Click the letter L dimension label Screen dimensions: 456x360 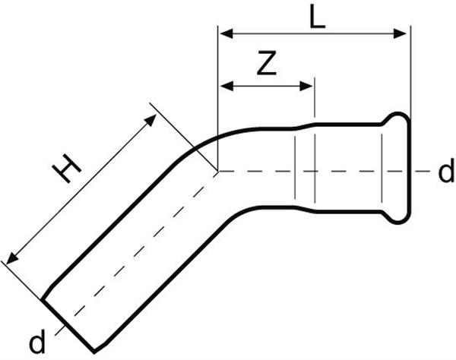(x=317, y=17)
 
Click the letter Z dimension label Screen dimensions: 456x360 (x=267, y=63)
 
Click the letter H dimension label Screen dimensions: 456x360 (x=66, y=169)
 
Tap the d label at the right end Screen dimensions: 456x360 (x=446, y=170)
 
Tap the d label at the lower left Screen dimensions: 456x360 (x=37, y=342)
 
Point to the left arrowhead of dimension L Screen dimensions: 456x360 (x=226, y=33)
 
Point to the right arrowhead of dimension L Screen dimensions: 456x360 (x=400, y=33)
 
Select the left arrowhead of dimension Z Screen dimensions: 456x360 (x=226, y=86)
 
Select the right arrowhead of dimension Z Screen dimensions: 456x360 (x=306, y=86)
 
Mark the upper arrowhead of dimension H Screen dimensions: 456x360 (x=151, y=119)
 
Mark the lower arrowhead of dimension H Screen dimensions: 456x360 (x=11, y=258)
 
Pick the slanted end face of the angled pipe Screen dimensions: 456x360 (x=68, y=326)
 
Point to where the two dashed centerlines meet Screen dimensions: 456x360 (x=218, y=171)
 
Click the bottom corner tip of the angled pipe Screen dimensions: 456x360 (x=94, y=352)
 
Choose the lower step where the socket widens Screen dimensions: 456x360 (x=305, y=210)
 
